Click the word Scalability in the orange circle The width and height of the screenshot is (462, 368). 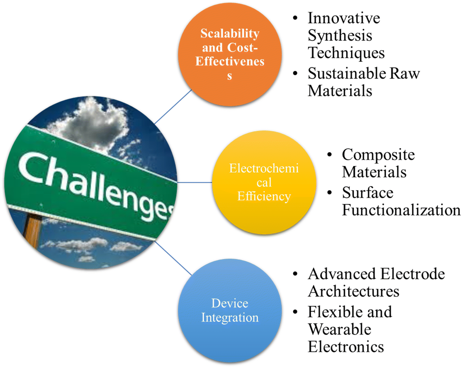coord(230,34)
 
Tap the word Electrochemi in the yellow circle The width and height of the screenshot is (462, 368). coord(264,168)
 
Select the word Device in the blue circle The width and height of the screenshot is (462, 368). coord(230,303)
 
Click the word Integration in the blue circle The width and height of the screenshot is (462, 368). coord(230,318)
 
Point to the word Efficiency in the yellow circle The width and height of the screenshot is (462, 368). coord(264,196)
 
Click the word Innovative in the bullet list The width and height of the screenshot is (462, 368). coord(344,18)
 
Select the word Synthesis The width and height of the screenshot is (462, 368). coord(340,36)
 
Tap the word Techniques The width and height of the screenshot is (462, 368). coord(346,53)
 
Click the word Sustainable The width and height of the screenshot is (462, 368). coord(347,73)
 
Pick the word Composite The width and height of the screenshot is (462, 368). coord(378,155)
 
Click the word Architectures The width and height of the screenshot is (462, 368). coord(353,291)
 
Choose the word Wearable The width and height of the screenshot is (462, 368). coord(340,329)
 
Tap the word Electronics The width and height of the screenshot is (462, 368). coord(346,346)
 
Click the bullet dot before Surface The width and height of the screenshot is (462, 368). coord(329,192)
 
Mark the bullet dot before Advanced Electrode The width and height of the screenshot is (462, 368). coord(295,274)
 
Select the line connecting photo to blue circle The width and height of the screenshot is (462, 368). coord(173,258)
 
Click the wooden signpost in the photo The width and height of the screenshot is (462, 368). coord(33,231)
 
